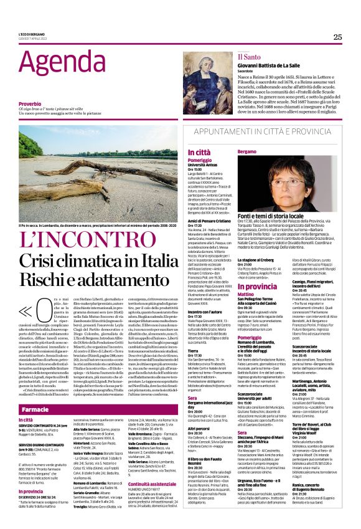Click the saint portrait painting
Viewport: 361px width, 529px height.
tap(207, 82)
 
